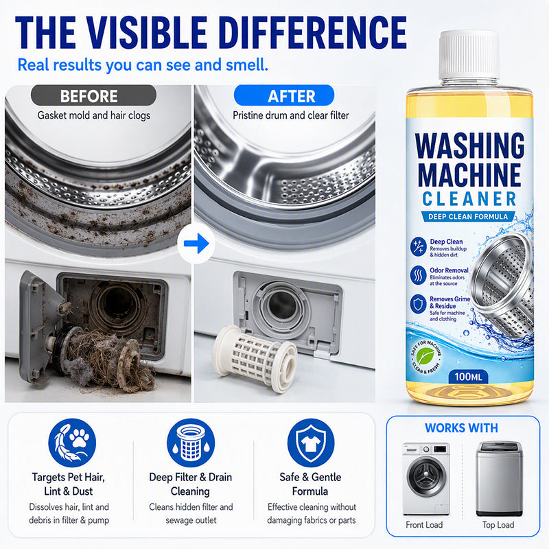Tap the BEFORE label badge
pyautogui.click(x=93, y=95)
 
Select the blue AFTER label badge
pyautogui.click(x=284, y=95)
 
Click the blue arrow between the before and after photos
pyautogui.click(x=196, y=244)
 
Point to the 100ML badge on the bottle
pyautogui.click(x=468, y=377)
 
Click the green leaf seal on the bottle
pyautogui.click(x=425, y=356)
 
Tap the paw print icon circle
pyautogui.click(x=72, y=443)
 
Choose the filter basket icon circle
pyautogui.click(x=191, y=443)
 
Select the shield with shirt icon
pyautogui.click(x=311, y=443)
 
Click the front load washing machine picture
pyautogui.click(x=425, y=478)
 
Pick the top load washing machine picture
pyautogui.click(x=499, y=478)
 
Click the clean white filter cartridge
pyautogui.click(x=255, y=358)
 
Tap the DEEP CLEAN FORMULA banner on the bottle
pyautogui.click(x=468, y=217)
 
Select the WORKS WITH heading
pyautogui.click(x=461, y=428)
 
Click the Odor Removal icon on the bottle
pyautogui.click(x=418, y=275)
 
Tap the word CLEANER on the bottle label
pyautogui.click(x=469, y=199)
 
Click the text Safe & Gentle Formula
pyautogui.click(x=310, y=484)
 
